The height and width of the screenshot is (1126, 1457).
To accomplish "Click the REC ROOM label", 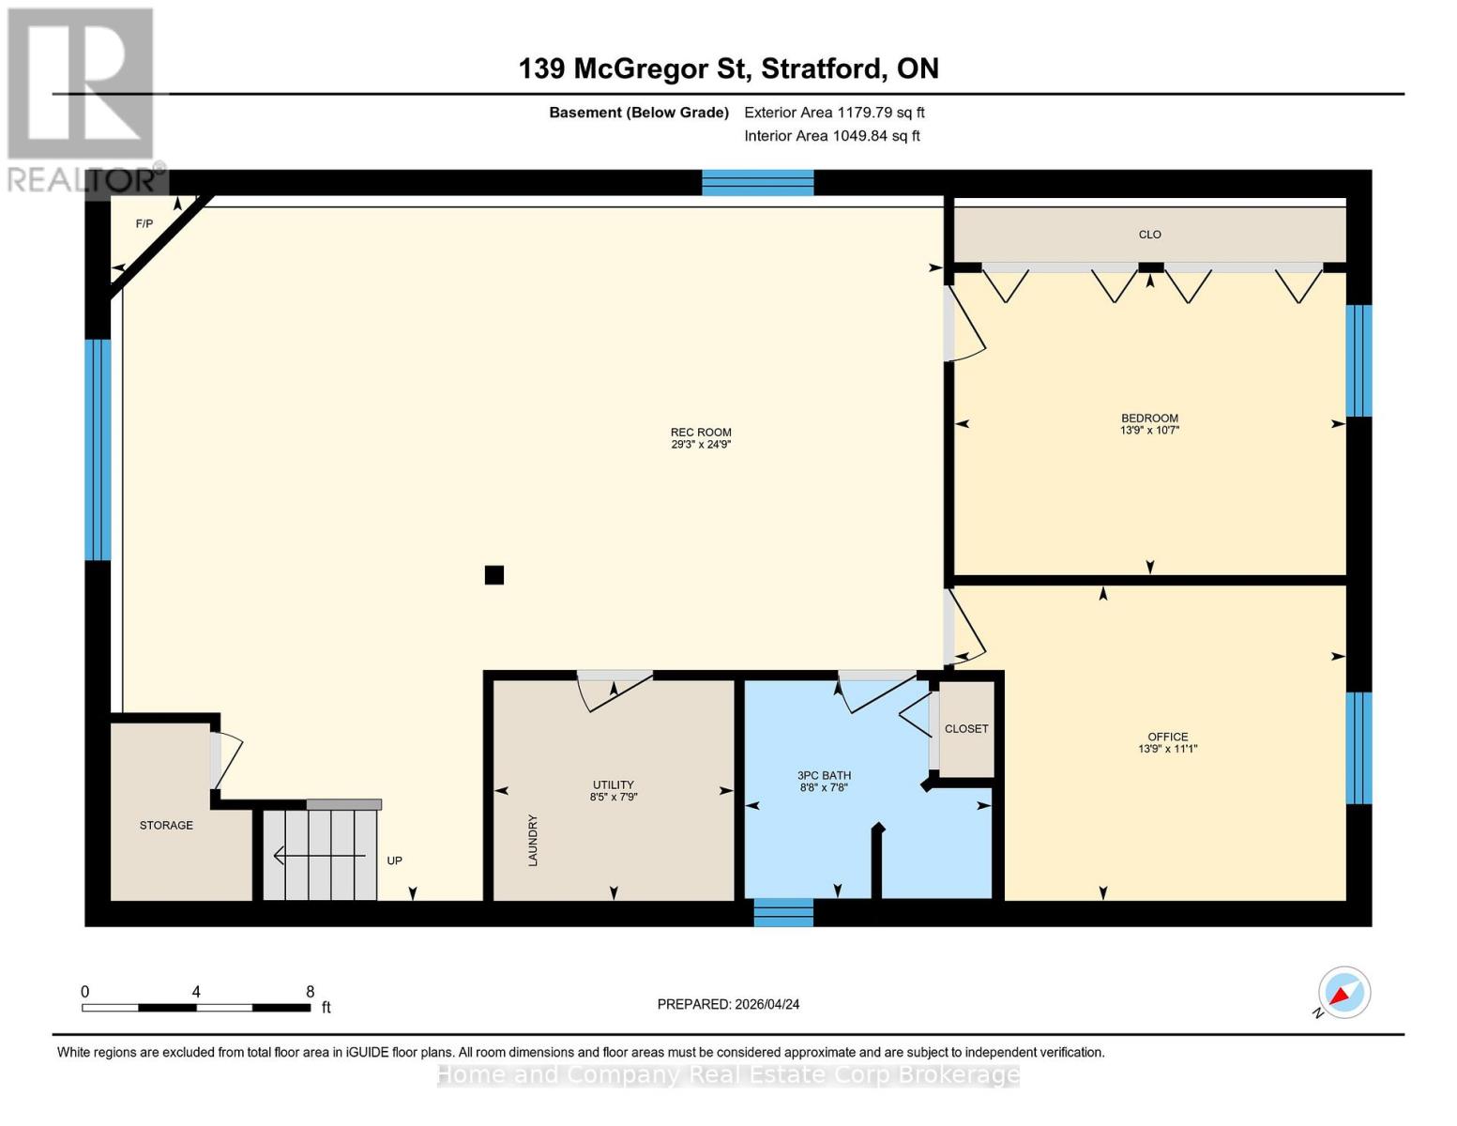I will pyautogui.click(x=700, y=438).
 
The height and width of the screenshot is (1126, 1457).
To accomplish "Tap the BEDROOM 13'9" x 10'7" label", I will pyautogui.click(x=1149, y=424).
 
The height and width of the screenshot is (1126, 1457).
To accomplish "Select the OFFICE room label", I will pyautogui.click(x=1167, y=742).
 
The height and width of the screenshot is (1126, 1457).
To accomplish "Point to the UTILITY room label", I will pyautogui.click(x=613, y=790).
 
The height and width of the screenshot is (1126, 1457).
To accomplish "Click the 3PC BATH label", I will pyautogui.click(x=824, y=781).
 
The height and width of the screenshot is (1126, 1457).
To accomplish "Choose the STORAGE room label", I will pyautogui.click(x=166, y=825).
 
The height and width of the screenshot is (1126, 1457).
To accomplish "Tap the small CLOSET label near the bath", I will pyautogui.click(x=966, y=728).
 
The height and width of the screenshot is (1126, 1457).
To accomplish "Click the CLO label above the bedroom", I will pyautogui.click(x=1149, y=235).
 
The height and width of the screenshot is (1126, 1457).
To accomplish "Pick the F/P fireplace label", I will pyautogui.click(x=144, y=223).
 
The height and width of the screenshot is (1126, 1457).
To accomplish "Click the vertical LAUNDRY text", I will pyautogui.click(x=533, y=840).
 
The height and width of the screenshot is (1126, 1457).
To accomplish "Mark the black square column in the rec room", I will pyautogui.click(x=494, y=574).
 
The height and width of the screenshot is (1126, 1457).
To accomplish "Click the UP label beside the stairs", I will pyautogui.click(x=395, y=860).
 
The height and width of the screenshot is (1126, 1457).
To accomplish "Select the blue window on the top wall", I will pyautogui.click(x=757, y=182).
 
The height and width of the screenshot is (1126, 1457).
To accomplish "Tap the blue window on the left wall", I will pyautogui.click(x=98, y=449).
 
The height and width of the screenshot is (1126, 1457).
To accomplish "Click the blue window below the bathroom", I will pyautogui.click(x=783, y=912).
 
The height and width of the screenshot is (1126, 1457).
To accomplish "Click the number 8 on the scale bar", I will pyautogui.click(x=310, y=992).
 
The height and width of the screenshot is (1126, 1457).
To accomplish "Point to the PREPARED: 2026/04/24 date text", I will pyautogui.click(x=728, y=1004).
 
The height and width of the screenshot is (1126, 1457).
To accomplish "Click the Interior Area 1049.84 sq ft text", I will pyautogui.click(x=831, y=136).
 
